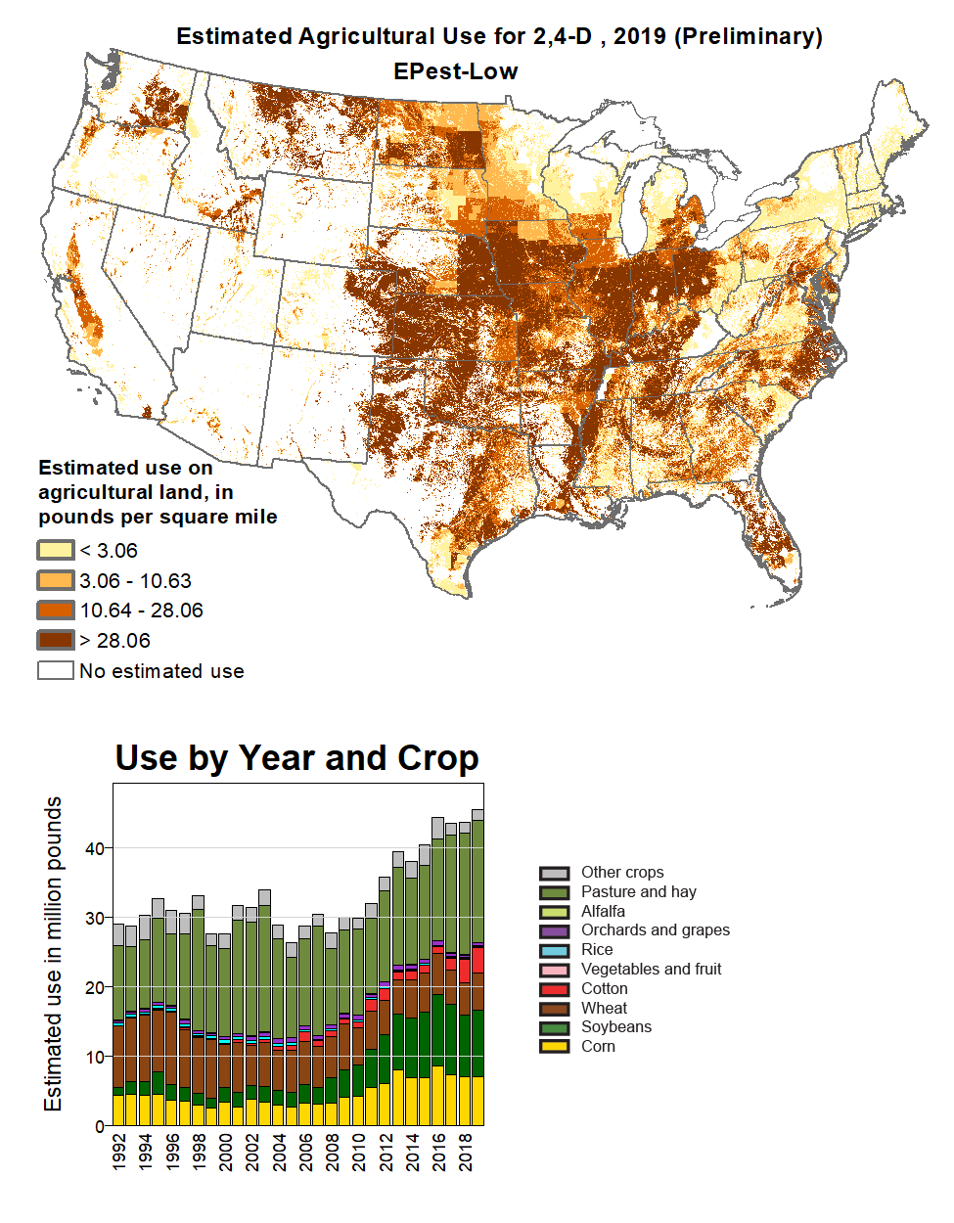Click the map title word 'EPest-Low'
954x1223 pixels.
455,71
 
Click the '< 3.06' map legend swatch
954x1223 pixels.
56,550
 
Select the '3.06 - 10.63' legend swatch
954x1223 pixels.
56,580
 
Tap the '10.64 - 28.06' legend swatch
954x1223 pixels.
56,611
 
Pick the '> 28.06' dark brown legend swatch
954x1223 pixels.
56,641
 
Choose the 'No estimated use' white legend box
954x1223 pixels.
56,670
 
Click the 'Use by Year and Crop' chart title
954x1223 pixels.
296,758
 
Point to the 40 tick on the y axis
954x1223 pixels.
95,848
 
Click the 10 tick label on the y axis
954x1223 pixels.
95,1057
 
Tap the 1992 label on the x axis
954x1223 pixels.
119,1151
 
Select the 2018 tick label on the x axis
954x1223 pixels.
465,1151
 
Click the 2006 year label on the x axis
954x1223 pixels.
305,1151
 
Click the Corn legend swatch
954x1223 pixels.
554,1046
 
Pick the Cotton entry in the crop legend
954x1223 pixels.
604,988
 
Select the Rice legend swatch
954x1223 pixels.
554,950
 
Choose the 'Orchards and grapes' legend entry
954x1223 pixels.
655,930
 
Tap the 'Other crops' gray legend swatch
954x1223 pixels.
554,873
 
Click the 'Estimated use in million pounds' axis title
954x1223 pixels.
53,954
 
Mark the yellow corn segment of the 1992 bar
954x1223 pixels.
118,1110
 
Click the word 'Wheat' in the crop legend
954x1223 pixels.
604,1008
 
